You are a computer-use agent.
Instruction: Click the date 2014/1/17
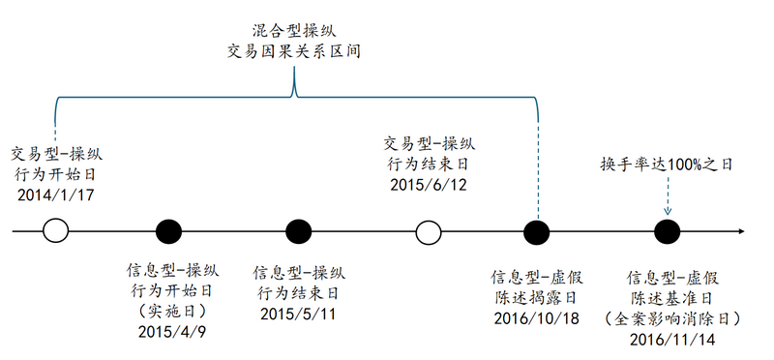pyautogui.click(x=55, y=195)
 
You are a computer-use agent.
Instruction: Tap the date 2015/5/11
pyautogui.click(x=298, y=314)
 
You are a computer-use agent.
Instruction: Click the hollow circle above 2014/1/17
pyautogui.click(x=56, y=232)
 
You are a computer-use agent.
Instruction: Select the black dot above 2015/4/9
pyautogui.click(x=168, y=232)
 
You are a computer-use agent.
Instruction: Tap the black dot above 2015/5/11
pyautogui.click(x=298, y=232)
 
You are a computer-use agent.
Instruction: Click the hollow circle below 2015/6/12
pyautogui.click(x=428, y=232)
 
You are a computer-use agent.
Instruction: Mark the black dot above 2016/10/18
pyautogui.click(x=536, y=232)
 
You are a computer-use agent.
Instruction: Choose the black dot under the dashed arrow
pyautogui.click(x=666, y=232)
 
